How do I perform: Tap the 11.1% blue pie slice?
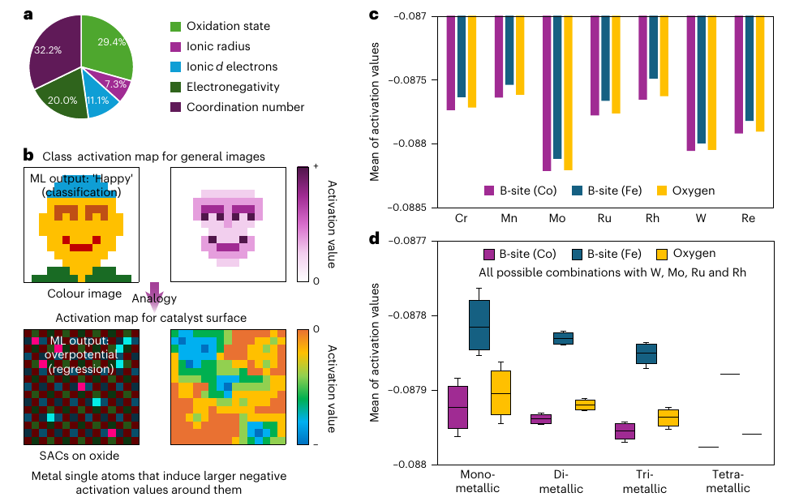(x=98, y=99)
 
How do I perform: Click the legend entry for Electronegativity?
(x=225, y=87)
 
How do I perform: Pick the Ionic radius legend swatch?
(x=175, y=47)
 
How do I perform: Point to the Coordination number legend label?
(x=245, y=107)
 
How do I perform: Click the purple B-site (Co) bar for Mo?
(x=547, y=94)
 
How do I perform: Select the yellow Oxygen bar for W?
(x=712, y=83)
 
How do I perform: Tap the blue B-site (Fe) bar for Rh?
(x=653, y=47)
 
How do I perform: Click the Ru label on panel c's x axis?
(x=604, y=218)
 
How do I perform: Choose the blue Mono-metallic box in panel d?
(x=479, y=325)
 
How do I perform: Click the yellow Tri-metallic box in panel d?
(x=668, y=418)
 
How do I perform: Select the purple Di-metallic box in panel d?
(x=541, y=419)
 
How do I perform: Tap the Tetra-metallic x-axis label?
(x=728, y=482)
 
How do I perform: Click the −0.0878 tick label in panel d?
(x=407, y=315)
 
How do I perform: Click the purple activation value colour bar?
(x=303, y=224)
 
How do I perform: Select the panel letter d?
(x=375, y=238)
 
